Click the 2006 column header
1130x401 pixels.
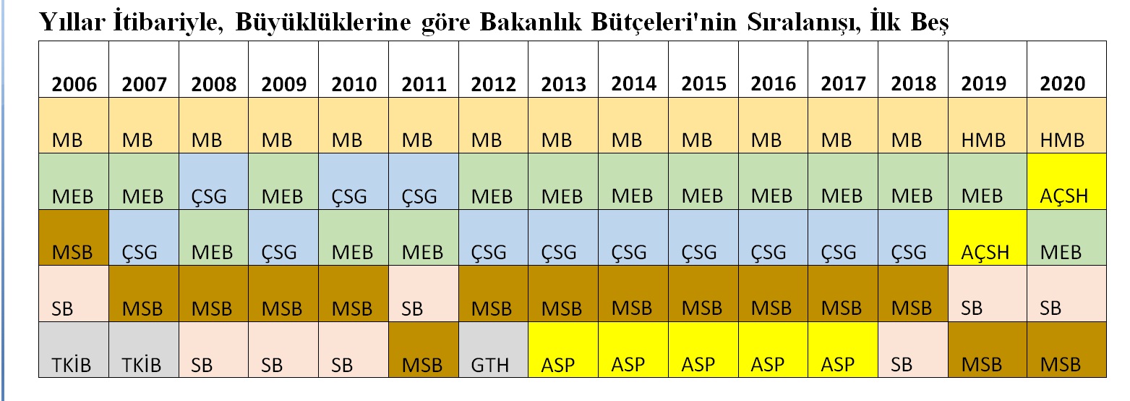(x=74, y=69)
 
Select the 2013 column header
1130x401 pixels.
(x=563, y=69)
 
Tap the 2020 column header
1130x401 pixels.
(x=1066, y=69)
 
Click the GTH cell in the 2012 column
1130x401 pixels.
(x=493, y=350)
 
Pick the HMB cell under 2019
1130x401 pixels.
(x=988, y=125)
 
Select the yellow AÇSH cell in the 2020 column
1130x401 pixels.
(x=1066, y=181)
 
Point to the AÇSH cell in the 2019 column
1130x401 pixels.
(x=988, y=237)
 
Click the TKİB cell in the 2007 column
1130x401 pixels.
(x=144, y=350)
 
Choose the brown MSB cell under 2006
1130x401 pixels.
(x=74, y=237)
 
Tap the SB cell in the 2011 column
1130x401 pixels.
(x=424, y=293)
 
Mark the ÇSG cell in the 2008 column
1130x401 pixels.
(x=213, y=181)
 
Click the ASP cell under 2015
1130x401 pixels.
(x=703, y=350)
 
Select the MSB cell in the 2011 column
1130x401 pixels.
(x=424, y=350)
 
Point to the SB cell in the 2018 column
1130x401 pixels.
(x=913, y=350)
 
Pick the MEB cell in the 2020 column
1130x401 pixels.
(x=1066, y=237)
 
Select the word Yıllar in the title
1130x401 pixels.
(x=72, y=22)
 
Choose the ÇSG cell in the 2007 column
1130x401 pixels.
(x=144, y=237)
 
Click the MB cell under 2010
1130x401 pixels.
(x=354, y=125)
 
